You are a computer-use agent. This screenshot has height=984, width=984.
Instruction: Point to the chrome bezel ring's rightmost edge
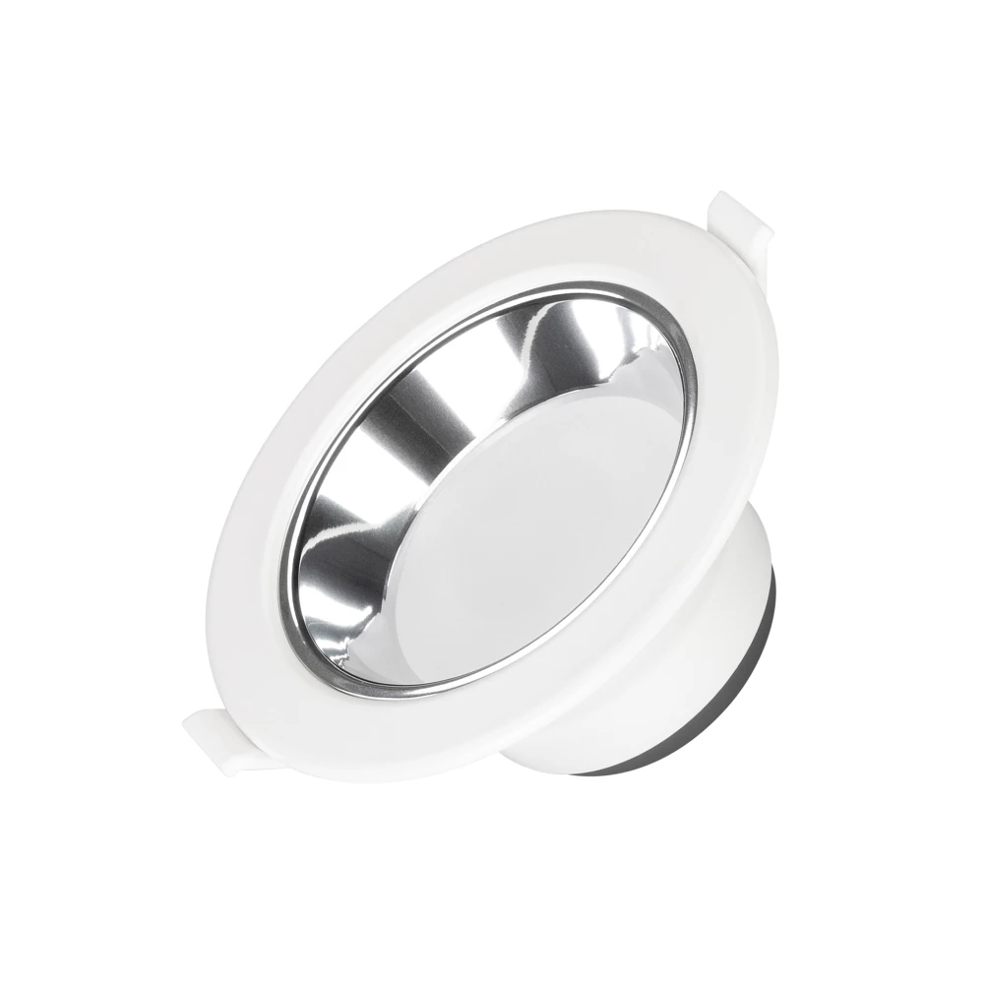pos(694,394)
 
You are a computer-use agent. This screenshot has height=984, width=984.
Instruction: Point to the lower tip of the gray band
pos(630,770)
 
